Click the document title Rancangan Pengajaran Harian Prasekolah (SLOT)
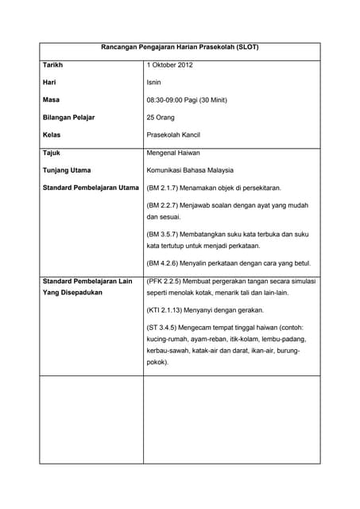(x=180, y=47)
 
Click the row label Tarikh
(x=52, y=64)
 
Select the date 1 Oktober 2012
(x=170, y=64)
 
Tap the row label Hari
(x=48, y=82)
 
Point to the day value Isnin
(x=154, y=82)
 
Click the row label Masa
(x=51, y=99)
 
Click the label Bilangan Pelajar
(x=68, y=118)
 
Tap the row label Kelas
(x=51, y=135)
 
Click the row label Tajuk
(x=51, y=152)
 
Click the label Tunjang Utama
(x=66, y=170)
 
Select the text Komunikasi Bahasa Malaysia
(x=195, y=170)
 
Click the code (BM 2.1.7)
(x=165, y=188)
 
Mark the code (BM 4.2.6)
(x=165, y=263)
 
